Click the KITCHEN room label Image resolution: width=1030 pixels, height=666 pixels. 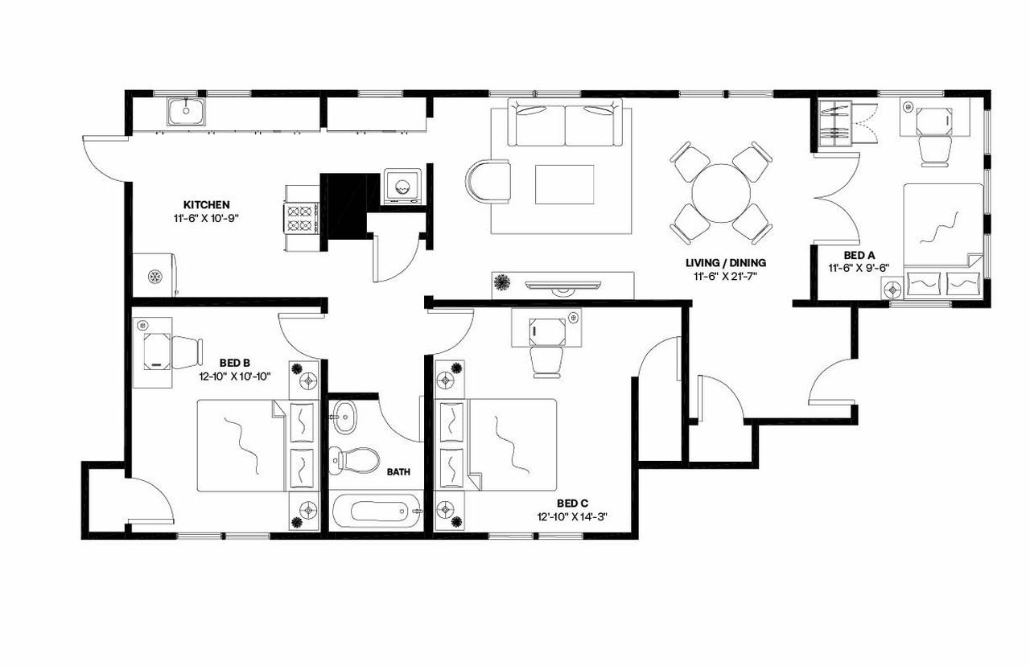click(x=207, y=204)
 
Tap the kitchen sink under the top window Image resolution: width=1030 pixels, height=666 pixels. click(x=187, y=111)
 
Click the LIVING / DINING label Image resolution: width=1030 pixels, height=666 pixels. click(x=725, y=263)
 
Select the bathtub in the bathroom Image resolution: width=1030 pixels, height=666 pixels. click(x=377, y=512)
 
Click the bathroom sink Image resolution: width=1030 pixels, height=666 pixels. click(x=348, y=417)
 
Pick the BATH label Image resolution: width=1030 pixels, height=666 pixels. click(x=398, y=472)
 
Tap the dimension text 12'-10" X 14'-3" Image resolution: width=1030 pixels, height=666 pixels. click(x=571, y=516)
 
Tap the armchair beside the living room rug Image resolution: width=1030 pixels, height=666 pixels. click(x=488, y=181)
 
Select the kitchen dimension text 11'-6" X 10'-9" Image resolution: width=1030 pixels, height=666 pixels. click(x=207, y=217)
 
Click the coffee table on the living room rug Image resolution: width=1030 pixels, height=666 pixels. click(x=564, y=184)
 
